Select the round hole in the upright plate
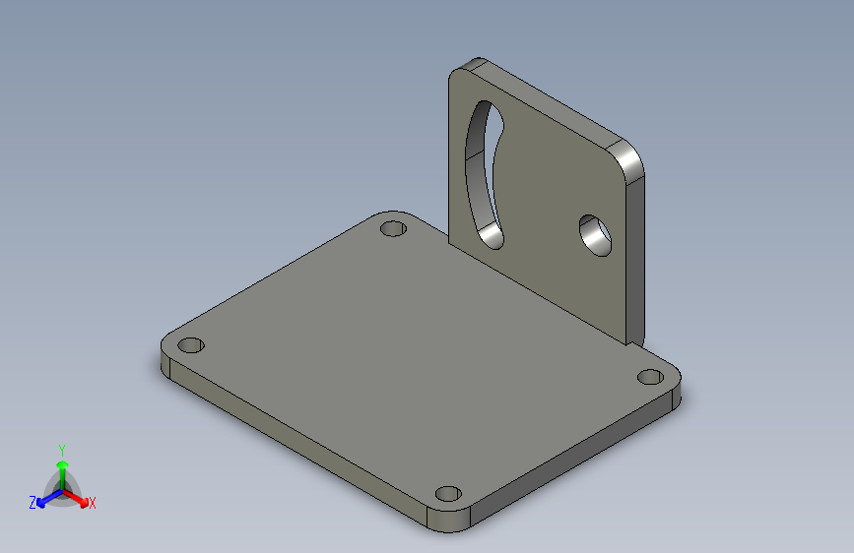pyautogui.click(x=595, y=234)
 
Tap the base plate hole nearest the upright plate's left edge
pyautogui.click(x=394, y=229)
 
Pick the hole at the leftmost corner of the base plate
pyautogui.click(x=190, y=346)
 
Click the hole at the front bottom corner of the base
pyautogui.click(x=448, y=493)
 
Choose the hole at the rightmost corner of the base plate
pyautogui.click(x=649, y=376)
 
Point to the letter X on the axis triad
pyautogui.click(x=93, y=503)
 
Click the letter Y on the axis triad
pyautogui.click(x=61, y=448)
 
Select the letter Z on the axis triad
pyautogui.click(x=33, y=503)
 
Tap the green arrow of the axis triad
pyautogui.click(x=61, y=466)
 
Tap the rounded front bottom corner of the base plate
pyautogui.click(x=453, y=522)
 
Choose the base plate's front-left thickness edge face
pyautogui.click(x=296, y=443)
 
